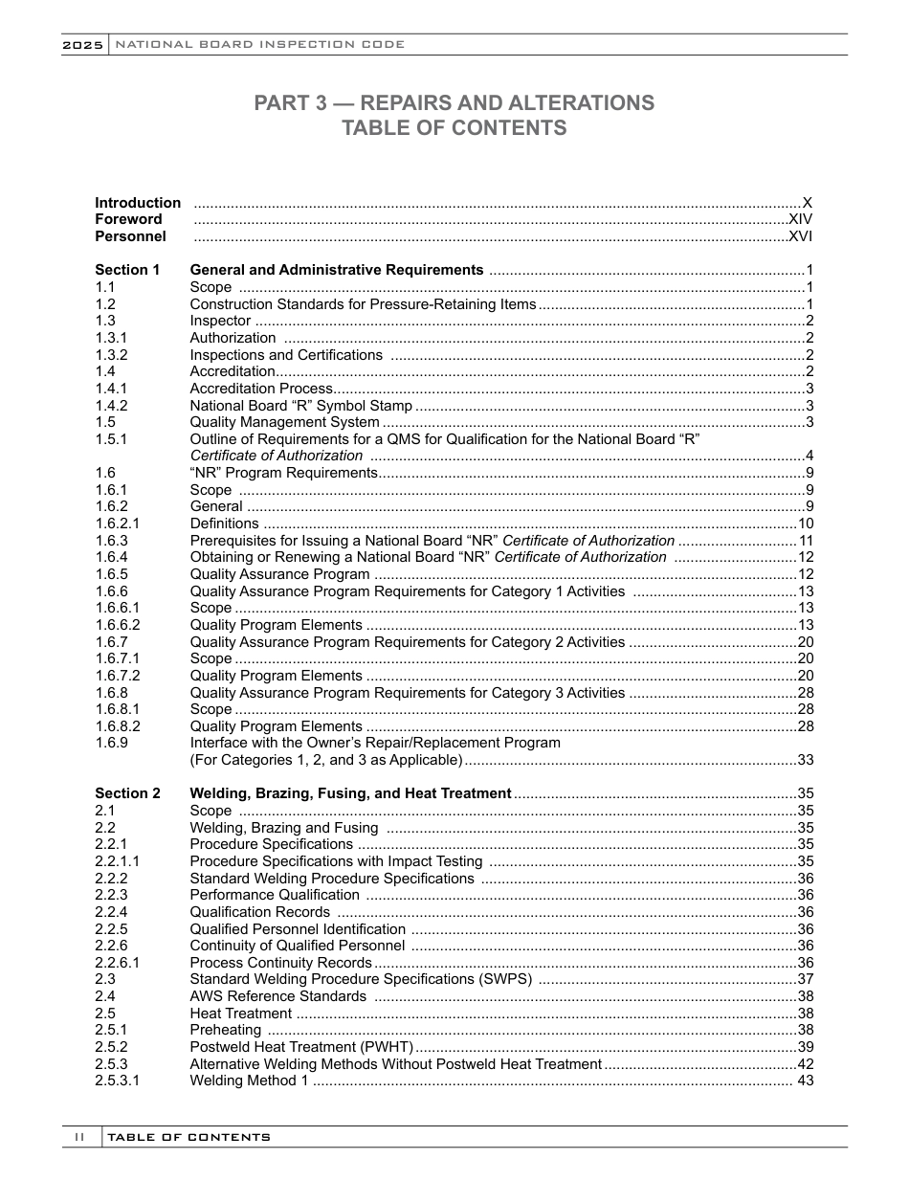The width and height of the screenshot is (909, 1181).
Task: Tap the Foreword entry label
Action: click(128, 219)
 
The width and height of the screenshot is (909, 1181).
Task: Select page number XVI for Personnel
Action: click(800, 236)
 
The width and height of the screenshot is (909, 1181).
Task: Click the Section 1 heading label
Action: click(127, 270)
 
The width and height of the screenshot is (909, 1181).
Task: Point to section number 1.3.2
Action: click(111, 355)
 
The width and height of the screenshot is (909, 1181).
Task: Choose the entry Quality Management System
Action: click(284, 422)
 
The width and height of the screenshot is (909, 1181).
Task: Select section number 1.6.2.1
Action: click(118, 524)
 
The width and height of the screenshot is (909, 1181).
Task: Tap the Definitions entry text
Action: click(224, 524)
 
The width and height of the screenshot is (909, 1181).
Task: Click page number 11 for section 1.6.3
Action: click(806, 541)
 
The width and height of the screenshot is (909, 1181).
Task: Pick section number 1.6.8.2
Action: click(118, 726)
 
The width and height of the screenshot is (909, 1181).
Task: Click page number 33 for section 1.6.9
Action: click(806, 760)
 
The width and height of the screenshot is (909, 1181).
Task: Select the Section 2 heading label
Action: click(127, 793)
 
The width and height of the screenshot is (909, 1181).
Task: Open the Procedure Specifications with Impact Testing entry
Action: click(336, 861)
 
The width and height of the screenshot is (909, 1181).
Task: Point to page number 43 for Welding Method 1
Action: click(806, 1081)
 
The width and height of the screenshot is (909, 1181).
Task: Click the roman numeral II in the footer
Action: click(80, 1137)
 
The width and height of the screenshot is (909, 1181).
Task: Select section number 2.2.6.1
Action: click(118, 963)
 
